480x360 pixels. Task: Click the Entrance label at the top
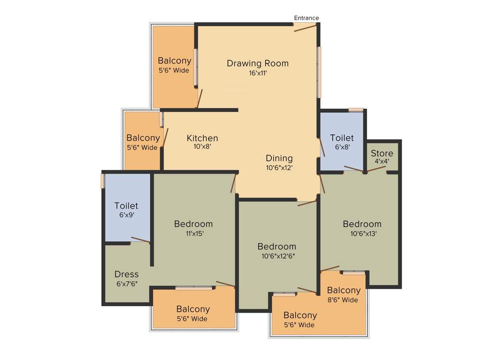click(307, 18)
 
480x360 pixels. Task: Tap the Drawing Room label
click(258, 63)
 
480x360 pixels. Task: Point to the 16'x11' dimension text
click(258, 73)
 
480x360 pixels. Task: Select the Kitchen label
click(202, 138)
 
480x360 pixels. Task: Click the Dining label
click(279, 158)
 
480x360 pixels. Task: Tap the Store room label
click(382, 154)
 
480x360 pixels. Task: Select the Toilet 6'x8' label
click(342, 138)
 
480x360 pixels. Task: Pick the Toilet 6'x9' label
click(127, 206)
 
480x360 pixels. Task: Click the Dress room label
click(127, 274)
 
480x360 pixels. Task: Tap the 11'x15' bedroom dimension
click(194, 233)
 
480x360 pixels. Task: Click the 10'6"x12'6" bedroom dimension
click(277, 256)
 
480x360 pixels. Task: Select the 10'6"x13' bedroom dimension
click(362, 233)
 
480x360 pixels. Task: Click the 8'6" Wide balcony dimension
click(343, 300)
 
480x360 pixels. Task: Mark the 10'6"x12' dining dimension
click(279, 168)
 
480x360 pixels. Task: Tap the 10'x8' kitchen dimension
click(202, 147)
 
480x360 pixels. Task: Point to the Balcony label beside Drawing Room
click(174, 60)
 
